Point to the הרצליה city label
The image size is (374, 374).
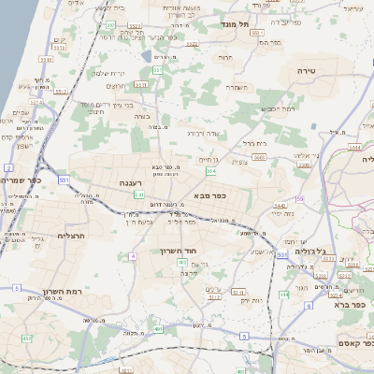72,236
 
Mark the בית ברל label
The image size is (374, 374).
253,143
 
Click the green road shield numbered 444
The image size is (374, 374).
283,295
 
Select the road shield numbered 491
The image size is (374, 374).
160,330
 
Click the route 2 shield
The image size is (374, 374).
7,166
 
